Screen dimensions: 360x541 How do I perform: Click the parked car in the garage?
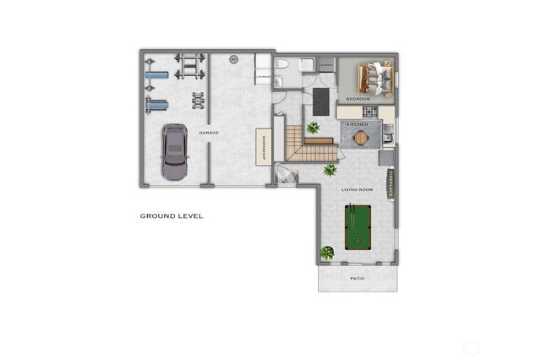coord(174,152)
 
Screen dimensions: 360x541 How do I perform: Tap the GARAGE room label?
coord(209,134)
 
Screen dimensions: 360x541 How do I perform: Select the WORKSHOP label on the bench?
coord(265,148)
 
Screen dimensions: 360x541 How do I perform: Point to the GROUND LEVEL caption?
coord(171,216)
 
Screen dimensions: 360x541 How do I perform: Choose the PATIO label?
coord(357,278)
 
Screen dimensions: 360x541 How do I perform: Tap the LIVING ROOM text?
coord(357,190)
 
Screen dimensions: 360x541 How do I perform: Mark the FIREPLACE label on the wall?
coord(391,182)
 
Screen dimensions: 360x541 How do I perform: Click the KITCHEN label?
coord(358,124)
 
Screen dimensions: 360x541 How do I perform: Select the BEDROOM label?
coord(358,99)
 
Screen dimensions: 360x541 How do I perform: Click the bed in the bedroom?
coord(374,78)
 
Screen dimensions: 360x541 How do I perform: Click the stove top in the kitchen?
coord(386,136)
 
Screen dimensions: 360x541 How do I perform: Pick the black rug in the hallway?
coord(322,100)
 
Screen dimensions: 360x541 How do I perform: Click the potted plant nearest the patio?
coord(327,253)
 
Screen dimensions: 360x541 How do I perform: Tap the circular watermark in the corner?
coord(472,346)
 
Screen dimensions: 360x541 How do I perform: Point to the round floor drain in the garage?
coord(235,59)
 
